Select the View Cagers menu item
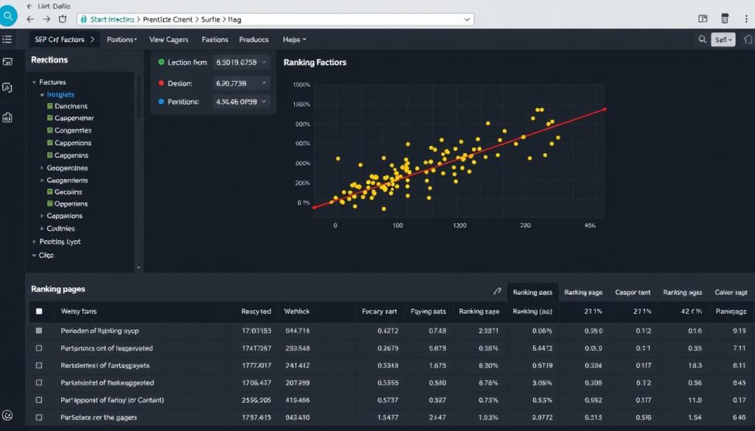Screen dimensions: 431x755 (168, 40)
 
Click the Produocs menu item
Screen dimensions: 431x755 (254, 40)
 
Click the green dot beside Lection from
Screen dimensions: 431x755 (161, 63)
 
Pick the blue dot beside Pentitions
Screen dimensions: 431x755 (161, 102)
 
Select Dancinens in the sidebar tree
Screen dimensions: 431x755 (71, 106)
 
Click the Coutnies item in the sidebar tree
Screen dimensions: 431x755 (66, 228)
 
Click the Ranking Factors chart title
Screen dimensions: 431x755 (315, 63)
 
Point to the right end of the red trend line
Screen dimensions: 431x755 (605, 109)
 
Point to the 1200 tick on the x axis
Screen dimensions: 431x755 (460, 225)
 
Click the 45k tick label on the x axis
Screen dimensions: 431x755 (590, 225)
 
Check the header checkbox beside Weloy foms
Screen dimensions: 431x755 (39, 312)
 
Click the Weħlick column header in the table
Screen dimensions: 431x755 (296, 312)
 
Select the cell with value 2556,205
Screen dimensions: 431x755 (256, 400)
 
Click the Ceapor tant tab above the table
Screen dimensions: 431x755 (632, 292)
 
